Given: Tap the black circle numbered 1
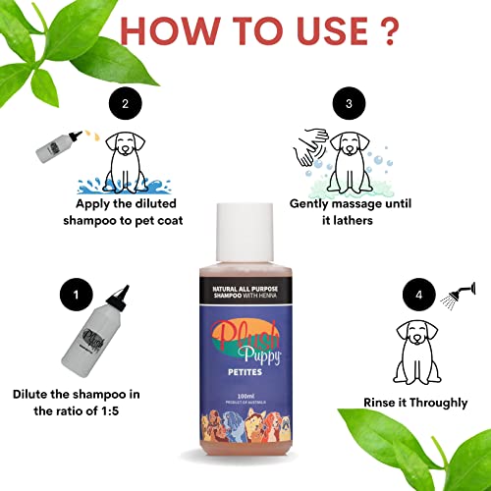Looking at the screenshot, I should [68, 292].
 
